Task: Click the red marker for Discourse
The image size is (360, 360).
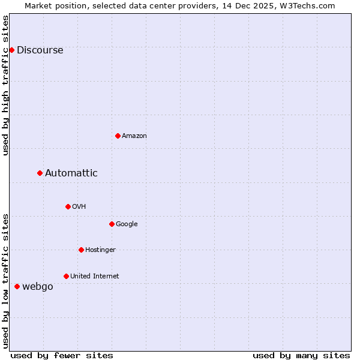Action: (11, 50)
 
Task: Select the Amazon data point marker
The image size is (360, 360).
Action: (118, 136)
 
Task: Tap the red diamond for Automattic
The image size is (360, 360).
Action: (40, 173)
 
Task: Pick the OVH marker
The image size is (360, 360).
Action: (68, 206)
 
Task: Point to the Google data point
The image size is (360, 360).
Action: (112, 224)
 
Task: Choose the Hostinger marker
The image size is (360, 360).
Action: (81, 250)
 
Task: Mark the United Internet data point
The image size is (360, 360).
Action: (66, 276)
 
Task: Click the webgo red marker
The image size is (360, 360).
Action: (17, 286)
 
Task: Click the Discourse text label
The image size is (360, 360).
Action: (40, 50)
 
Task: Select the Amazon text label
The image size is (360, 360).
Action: (134, 136)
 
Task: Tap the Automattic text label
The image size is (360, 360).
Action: (71, 173)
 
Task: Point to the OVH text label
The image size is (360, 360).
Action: (79, 207)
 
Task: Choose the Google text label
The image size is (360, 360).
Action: (127, 224)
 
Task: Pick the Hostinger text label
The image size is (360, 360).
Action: (100, 250)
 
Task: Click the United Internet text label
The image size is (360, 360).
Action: (95, 277)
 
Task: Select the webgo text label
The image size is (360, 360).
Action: (38, 287)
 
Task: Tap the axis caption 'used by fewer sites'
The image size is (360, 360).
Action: (62, 355)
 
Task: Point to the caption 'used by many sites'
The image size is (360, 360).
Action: (301, 355)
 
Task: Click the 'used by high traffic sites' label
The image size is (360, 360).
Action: (5, 85)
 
